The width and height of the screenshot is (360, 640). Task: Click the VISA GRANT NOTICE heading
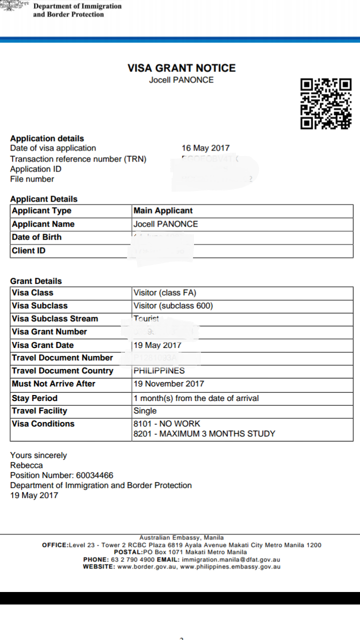[181, 68]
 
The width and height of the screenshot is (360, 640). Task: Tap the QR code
[326, 103]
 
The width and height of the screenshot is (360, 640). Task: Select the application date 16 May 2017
[205, 148]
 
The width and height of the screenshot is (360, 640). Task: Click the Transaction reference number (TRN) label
[78, 159]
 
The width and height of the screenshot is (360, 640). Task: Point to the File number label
[32, 179]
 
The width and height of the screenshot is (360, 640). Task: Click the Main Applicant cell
[163, 211]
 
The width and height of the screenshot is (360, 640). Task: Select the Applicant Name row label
[43, 224]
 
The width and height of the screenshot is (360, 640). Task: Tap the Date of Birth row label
[36, 237]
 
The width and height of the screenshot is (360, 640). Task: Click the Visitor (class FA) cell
[164, 293]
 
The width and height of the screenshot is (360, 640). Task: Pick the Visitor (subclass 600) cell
[173, 306]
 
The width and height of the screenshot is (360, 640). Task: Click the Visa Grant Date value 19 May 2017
[157, 345]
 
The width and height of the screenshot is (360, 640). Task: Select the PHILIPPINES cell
[159, 371]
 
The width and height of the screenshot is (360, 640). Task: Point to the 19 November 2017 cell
[169, 384]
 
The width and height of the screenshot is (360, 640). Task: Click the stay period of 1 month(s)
[196, 398]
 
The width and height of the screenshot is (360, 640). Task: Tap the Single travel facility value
[145, 411]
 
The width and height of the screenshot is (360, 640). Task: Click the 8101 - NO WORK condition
[167, 424]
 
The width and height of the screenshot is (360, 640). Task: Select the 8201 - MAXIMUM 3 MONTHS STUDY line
[204, 434]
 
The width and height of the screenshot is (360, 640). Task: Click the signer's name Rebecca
[26, 465]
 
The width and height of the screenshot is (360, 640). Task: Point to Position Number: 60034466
[61, 475]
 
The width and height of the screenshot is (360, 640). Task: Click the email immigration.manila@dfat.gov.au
[231, 559]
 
